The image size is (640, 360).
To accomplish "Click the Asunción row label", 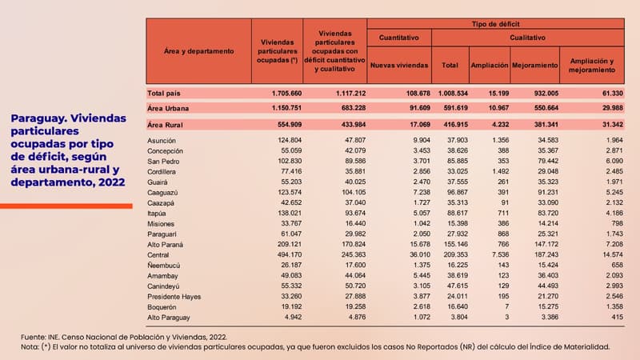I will click(x=162, y=141).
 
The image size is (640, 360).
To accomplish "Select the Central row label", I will click(x=160, y=254).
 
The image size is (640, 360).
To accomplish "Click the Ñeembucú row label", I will click(x=166, y=264).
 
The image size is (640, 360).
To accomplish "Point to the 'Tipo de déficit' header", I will click(x=496, y=24).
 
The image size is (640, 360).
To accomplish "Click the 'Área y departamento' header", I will click(x=198, y=51).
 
